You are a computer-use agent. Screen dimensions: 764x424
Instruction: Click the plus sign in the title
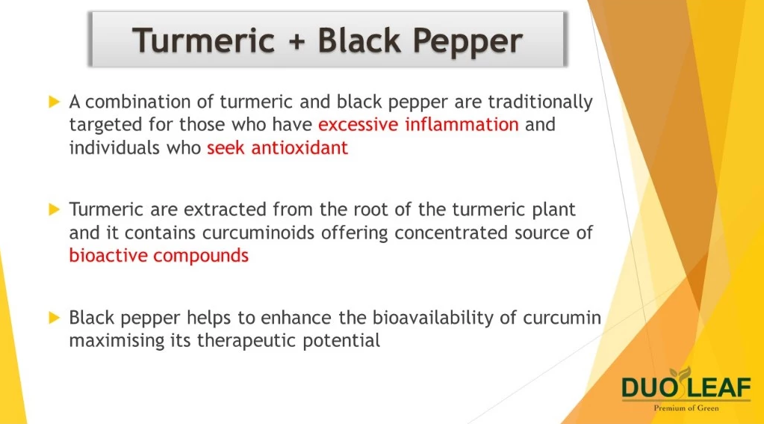click(296, 41)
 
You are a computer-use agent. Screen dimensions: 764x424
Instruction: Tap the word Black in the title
click(359, 40)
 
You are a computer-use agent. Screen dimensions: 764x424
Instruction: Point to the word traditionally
click(541, 102)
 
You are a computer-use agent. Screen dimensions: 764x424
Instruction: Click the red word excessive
click(358, 124)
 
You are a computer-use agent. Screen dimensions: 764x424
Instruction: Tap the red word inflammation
click(462, 124)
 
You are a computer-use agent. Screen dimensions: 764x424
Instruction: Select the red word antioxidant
click(299, 147)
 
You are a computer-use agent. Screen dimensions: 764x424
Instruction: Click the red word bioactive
click(108, 255)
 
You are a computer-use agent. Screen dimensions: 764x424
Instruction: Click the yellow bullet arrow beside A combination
click(54, 102)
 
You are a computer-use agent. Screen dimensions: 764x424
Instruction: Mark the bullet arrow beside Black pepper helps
click(54, 318)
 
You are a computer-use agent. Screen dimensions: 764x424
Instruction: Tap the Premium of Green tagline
click(686, 408)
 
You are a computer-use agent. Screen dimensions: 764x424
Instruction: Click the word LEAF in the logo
click(719, 388)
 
